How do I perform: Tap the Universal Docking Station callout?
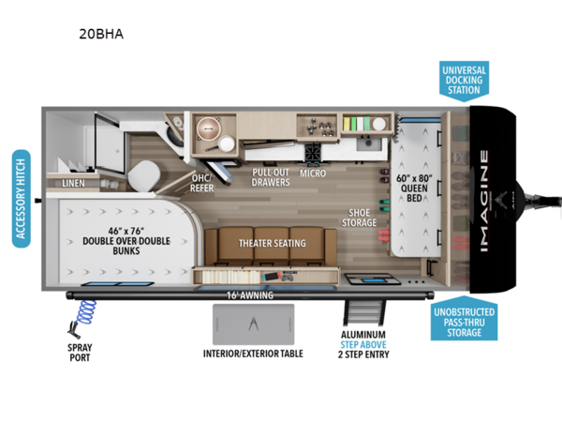pyautogui.click(x=466, y=80)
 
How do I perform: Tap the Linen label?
pyautogui.click(x=74, y=185)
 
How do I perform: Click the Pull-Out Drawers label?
pyautogui.click(x=270, y=178)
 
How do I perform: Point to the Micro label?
pyautogui.click(x=313, y=173)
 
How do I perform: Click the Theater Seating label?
pyautogui.click(x=271, y=243)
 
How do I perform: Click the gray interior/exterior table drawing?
pyautogui.click(x=252, y=324)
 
